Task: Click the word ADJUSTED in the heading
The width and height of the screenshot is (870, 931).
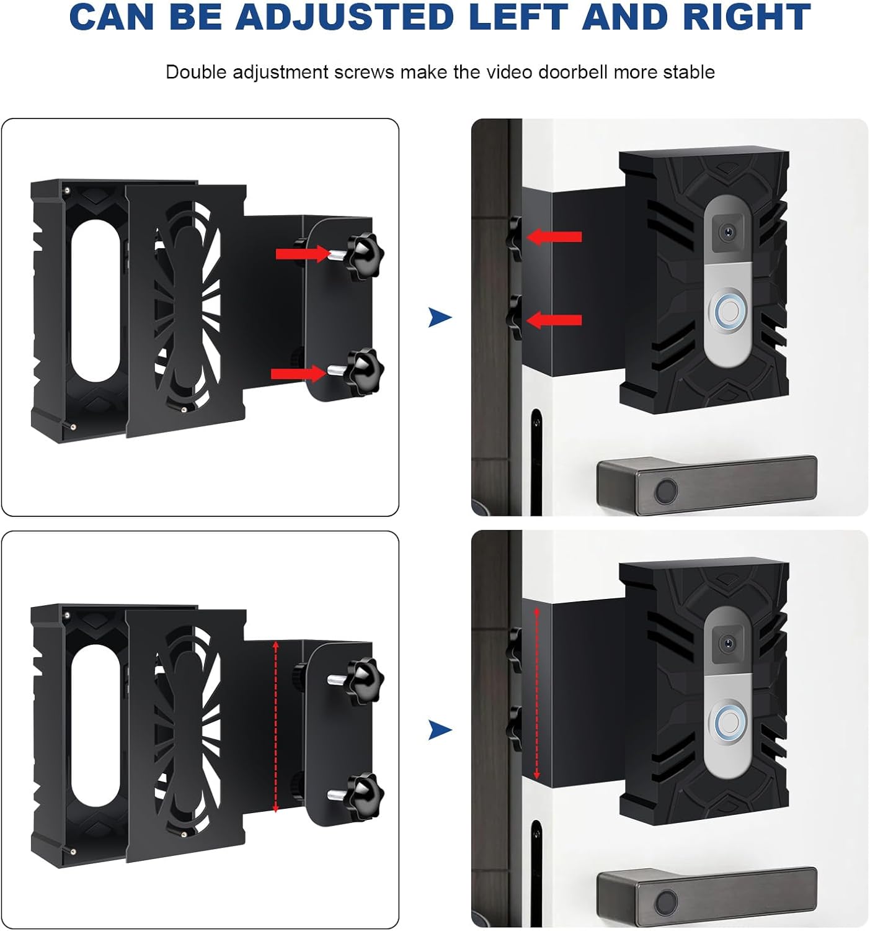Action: tap(345, 17)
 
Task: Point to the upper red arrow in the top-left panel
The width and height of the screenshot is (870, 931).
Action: tap(303, 253)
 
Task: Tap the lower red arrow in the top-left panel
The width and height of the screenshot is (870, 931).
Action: tap(298, 373)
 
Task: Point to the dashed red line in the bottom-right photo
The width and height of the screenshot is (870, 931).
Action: tap(537, 694)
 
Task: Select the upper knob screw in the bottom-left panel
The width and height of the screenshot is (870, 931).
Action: tap(365, 679)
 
